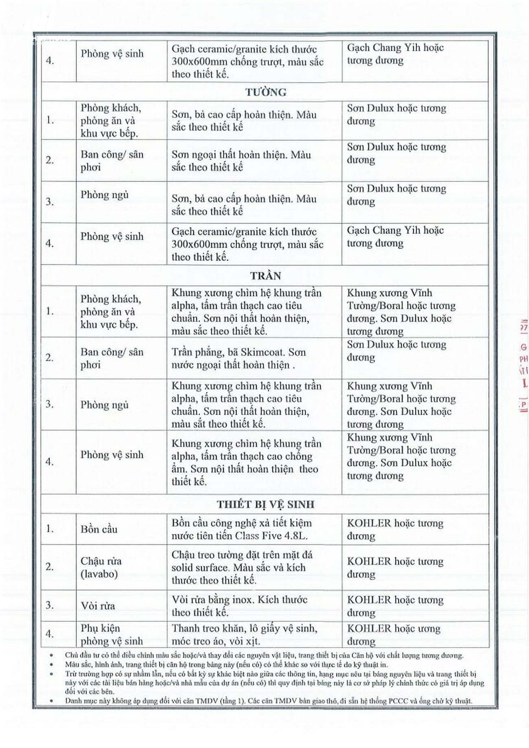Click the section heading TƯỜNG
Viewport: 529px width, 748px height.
point(266,92)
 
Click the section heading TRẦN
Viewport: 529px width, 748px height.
point(265,276)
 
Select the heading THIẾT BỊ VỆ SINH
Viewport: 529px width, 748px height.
point(265,504)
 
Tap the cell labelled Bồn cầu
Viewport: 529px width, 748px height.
point(99,529)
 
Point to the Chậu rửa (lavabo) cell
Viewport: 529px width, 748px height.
point(101,568)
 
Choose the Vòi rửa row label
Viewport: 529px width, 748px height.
point(98,606)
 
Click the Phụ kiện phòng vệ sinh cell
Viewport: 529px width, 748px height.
point(111,635)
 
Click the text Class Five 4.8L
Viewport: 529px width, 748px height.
point(271,536)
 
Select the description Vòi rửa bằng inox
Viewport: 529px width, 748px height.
point(239,606)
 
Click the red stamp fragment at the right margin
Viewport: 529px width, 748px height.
point(523,366)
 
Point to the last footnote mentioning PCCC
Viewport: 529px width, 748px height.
point(269,701)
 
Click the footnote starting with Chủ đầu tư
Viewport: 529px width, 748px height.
point(264,655)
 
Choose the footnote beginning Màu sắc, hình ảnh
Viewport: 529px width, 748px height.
point(226,665)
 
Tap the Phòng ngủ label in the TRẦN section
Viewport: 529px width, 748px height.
point(104,405)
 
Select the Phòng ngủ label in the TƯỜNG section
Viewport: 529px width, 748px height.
point(104,195)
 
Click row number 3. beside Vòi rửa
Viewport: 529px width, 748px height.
point(50,605)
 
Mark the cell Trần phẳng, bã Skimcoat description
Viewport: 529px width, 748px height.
point(238,359)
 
